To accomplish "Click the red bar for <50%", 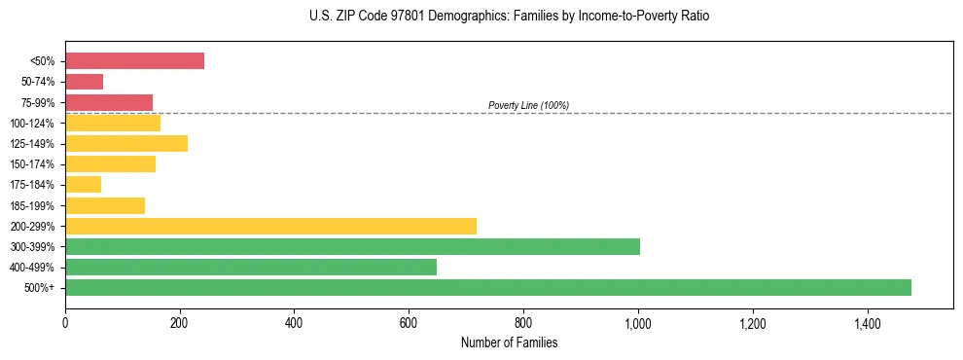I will click(x=134, y=61).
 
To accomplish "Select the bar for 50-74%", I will click(x=84, y=82).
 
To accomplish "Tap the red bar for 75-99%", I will click(x=109, y=102).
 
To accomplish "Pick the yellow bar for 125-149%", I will click(x=126, y=144).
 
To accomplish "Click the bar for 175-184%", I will click(x=83, y=185).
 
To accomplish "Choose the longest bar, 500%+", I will click(x=488, y=287).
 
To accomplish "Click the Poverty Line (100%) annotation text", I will click(x=528, y=105).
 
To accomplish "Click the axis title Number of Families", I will click(x=509, y=342).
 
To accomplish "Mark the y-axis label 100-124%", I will click(x=32, y=124).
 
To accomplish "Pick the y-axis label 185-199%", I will click(x=32, y=205).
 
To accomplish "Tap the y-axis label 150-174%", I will click(x=32, y=164).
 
